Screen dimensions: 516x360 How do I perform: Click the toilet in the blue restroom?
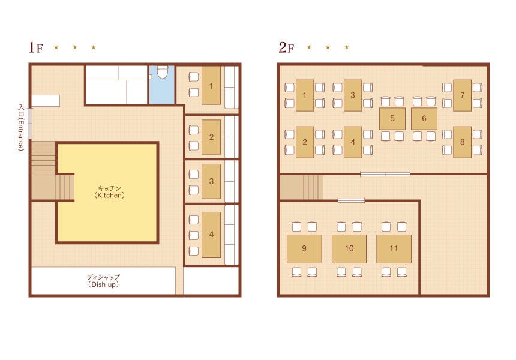163,72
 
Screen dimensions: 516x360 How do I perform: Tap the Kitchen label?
110,191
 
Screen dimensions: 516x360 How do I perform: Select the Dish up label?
103,281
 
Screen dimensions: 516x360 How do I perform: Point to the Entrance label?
21,128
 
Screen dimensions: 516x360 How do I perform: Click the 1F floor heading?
36,47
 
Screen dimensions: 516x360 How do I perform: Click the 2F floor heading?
286,47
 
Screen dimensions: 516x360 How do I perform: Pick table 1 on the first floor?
211,86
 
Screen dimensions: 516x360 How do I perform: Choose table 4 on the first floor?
211,235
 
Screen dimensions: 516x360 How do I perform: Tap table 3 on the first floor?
211,181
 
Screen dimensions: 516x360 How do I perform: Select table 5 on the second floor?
392,118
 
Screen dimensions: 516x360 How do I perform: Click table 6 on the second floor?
424,118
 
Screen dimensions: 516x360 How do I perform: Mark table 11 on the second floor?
394,249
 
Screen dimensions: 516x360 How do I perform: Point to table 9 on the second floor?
304,249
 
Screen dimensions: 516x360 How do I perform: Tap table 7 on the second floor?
463,95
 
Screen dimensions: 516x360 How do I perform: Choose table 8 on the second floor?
463,142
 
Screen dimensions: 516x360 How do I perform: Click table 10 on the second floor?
349,249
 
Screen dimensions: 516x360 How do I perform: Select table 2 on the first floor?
211,137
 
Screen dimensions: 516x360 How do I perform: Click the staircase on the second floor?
301,187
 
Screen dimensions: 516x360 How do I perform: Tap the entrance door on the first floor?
30,123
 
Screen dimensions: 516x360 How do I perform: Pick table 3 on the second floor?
353,95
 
